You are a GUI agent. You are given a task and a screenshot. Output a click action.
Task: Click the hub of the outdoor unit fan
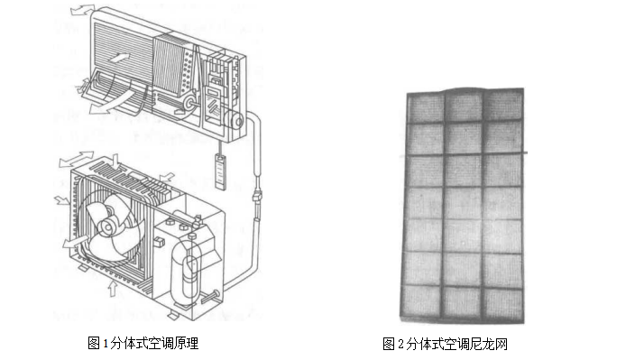tap(107, 226)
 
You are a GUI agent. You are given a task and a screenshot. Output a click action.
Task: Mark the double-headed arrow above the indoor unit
tap(83, 10)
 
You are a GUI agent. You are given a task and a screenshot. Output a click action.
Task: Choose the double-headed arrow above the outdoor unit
tap(77, 159)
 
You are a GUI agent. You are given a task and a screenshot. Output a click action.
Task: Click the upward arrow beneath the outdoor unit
tap(113, 289)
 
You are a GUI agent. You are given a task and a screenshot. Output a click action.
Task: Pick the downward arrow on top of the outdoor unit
tap(116, 162)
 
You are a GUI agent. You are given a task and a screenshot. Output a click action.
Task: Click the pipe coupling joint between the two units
tap(257, 197)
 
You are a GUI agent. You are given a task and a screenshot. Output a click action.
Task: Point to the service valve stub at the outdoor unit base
tap(209, 297)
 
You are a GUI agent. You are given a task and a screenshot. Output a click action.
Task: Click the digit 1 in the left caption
tap(106, 344)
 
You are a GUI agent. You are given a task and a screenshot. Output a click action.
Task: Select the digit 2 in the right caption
tap(400, 344)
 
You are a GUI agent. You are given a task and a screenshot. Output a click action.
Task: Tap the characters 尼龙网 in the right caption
tap(489, 344)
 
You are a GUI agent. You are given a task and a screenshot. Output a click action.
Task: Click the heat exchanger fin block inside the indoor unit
tap(168, 65)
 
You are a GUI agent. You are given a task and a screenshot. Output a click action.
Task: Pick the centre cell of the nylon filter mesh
tap(464, 203)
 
